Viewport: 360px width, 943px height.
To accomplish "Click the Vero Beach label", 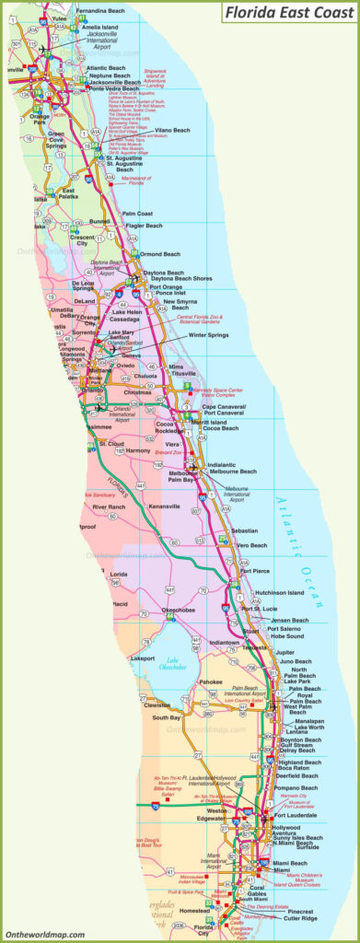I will (x=251, y=545).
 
